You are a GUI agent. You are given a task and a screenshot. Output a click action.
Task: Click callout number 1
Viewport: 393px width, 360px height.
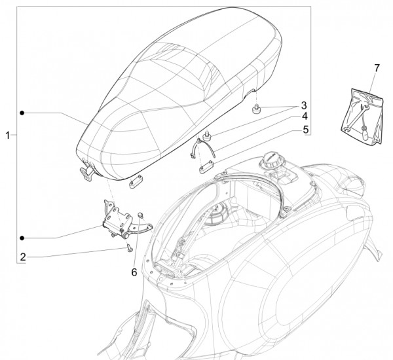(8, 135)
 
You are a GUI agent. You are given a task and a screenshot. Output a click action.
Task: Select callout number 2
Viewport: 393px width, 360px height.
(23, 257)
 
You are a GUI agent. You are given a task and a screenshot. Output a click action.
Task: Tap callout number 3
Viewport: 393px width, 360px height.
(304, 105)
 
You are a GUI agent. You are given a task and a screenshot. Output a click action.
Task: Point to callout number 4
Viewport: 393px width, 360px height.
(305, 117)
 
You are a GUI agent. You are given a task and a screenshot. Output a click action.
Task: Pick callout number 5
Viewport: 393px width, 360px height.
(305, 130)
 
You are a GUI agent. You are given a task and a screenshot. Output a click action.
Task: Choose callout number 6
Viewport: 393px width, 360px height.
(134, 272)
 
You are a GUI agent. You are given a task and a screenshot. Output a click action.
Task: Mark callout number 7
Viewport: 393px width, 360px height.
(377, 68)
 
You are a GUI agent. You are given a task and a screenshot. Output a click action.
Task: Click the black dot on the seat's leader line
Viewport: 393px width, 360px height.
(22, 113)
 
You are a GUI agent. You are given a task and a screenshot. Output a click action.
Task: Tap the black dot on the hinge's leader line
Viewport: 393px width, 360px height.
(22, 238)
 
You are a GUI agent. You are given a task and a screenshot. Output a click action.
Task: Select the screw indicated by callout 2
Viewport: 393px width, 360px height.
(130, 248)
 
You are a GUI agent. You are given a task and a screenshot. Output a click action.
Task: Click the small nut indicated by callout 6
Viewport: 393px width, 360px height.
(140, 215)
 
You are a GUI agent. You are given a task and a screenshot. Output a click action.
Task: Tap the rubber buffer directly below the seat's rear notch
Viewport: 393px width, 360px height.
(256, 109)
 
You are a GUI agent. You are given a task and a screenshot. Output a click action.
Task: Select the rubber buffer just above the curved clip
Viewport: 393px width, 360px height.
(207, 135)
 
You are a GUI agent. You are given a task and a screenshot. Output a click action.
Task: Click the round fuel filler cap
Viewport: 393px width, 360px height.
(270, 159)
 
